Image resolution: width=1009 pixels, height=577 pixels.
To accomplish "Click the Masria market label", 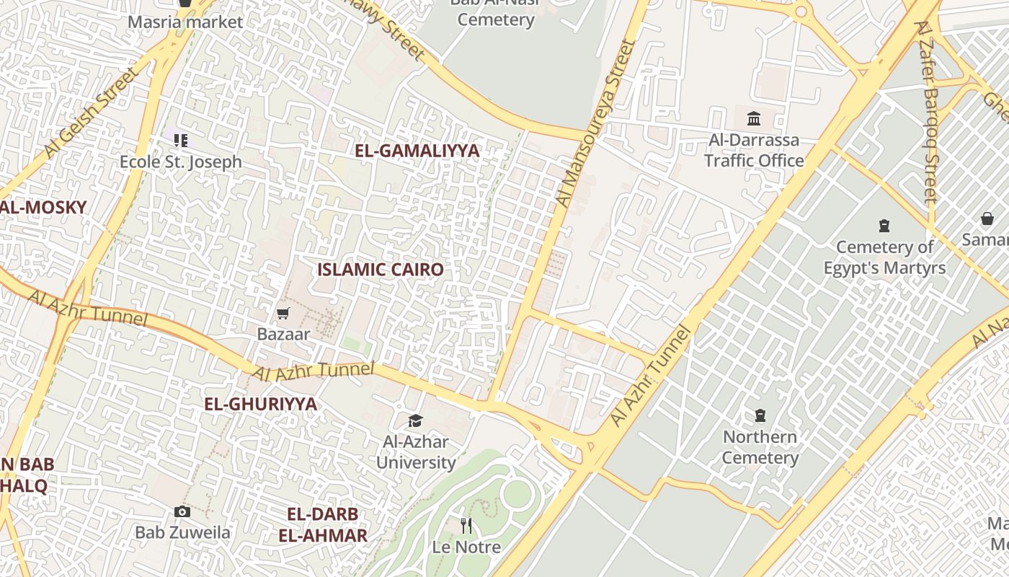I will coord(185,22).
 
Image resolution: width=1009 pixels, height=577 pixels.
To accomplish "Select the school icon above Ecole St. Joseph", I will coord(180,140).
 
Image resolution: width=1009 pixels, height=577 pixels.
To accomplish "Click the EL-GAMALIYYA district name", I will coord(417,151).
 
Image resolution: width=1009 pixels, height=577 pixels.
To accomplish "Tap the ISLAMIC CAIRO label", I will coord(381,270).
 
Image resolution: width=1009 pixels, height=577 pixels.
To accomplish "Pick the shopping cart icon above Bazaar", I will coord(283,313).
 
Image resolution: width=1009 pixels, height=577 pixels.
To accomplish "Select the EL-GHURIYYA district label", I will coord(261,404).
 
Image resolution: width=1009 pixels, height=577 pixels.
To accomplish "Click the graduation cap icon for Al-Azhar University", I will coord(415,420).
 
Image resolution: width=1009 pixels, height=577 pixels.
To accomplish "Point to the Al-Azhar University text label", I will coord(416,452).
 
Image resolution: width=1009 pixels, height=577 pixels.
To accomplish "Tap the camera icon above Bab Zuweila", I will coord(182,511).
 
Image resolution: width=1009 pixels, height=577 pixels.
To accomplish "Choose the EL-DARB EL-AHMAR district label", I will coord(323,525).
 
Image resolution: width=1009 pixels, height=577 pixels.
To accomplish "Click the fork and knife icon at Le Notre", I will coord(466,525).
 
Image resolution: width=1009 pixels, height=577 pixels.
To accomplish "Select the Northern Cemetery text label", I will coord(760,447).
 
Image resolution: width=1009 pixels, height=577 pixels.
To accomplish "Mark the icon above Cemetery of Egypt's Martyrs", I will coord(884,226).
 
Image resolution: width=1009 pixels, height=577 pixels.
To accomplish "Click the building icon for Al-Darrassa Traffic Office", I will coord(754,118).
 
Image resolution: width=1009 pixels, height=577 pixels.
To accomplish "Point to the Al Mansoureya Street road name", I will coord(597,123).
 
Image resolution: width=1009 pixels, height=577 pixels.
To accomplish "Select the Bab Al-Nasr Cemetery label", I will coord(496,12).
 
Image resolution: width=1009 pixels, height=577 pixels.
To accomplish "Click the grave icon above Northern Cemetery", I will coord(760,415).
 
